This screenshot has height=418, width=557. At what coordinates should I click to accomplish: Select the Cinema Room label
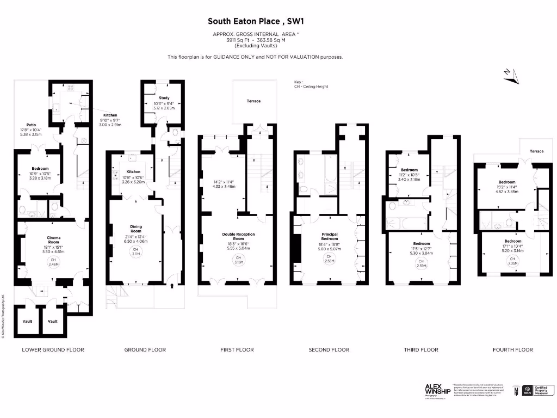click(x=53, y=239)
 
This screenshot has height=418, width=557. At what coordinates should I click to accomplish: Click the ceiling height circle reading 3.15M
click(x=238, y=259)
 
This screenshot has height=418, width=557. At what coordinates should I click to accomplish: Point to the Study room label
click(x=164, y=98)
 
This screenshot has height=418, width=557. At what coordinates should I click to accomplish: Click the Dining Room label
click(x=135, y=226)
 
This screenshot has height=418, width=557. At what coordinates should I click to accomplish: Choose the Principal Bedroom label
click(x=329, y=236)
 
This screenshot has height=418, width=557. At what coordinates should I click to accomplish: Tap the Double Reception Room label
click(x=238, y=236)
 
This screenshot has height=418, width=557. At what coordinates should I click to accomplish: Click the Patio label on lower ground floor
click(x=31, y=125)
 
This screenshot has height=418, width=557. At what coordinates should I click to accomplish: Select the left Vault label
click(x=27, y=321)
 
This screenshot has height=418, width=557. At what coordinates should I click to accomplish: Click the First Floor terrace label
click(x=253, y=101)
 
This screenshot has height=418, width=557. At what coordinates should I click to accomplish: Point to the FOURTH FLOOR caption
click(x=512, y=349)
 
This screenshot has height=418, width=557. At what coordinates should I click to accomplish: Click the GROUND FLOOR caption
click(x=145, y=349)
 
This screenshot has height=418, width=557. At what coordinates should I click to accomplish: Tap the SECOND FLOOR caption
click(x=329, y=349)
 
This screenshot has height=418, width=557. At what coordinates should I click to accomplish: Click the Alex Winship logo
click(x=438, y=390)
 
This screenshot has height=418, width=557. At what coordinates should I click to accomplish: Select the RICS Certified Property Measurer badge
click(x=535, y=390)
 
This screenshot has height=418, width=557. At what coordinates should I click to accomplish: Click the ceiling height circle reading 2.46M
click(x=53, y=262)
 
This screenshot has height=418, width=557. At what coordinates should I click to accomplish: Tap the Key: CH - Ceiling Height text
click(x=311, y=84)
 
